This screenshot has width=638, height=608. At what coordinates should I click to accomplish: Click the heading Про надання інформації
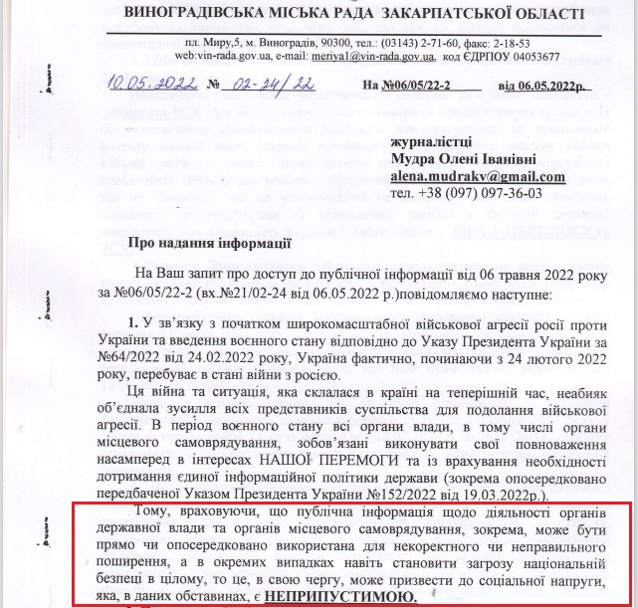coord(211,242)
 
